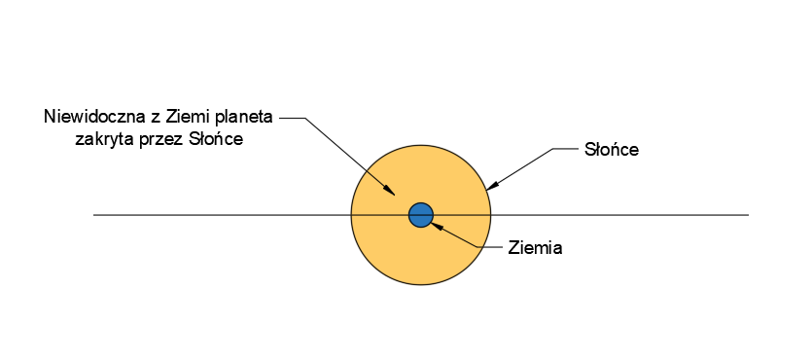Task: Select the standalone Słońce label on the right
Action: coord(612,150)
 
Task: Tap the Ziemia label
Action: coord(535,248)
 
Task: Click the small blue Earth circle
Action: coord(420,215)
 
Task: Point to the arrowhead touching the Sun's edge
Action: coord(492,186)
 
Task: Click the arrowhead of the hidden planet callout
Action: coord(389,190)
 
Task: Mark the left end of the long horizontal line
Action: coord(93,214)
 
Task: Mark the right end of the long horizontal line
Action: coord(748,214)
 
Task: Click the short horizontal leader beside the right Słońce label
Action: coord(566,149)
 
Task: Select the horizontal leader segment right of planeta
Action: coord(292,118)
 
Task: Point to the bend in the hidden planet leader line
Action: coord(304,118)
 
